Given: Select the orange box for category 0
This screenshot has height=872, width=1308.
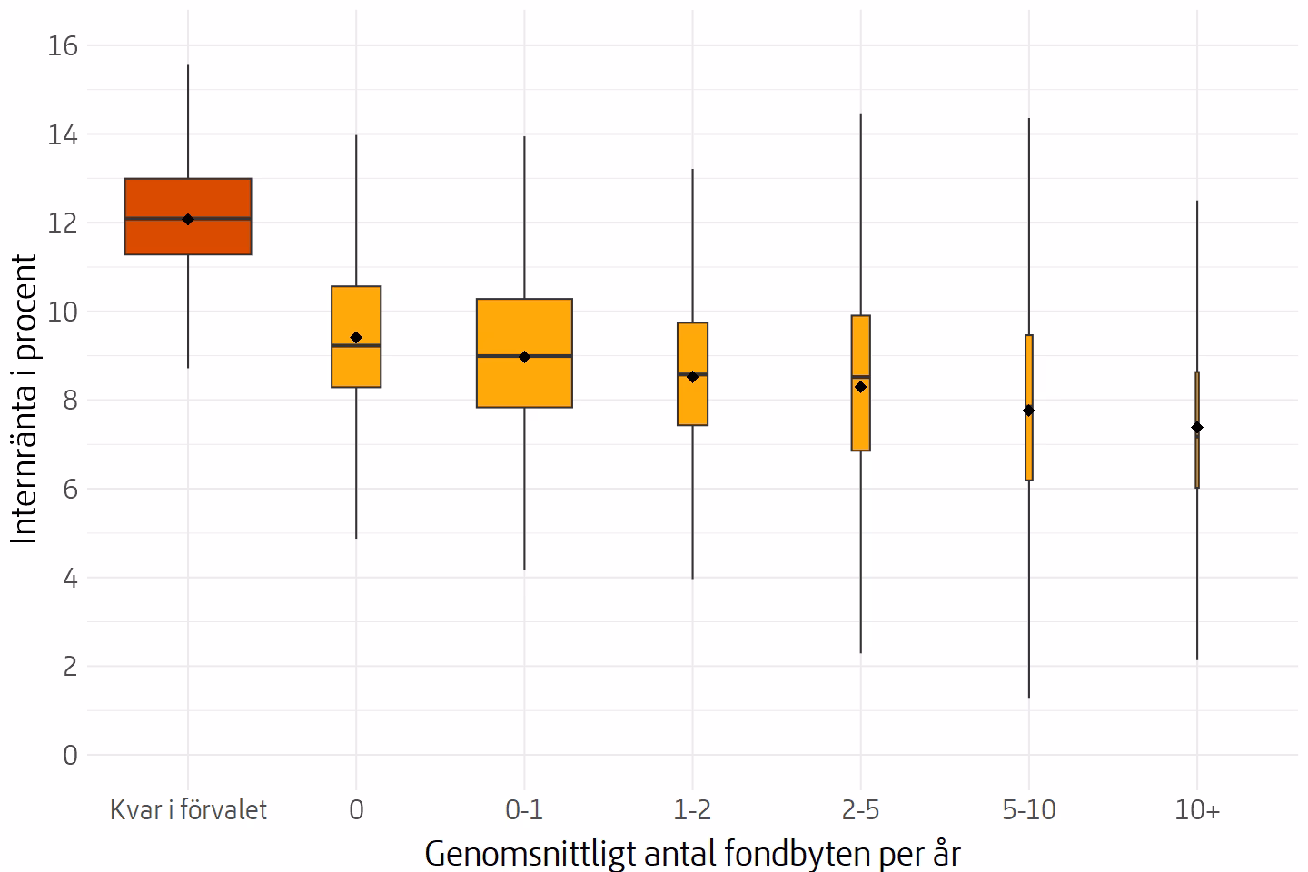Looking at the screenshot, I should pos(356,363).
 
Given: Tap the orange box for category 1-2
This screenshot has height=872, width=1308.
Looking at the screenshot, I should pos(693,400).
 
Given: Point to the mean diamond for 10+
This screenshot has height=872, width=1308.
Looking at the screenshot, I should pos(1196,428).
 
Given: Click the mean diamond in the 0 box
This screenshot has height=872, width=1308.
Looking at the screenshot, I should pos(356,338).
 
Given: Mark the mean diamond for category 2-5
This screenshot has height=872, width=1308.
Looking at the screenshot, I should pos(860,387).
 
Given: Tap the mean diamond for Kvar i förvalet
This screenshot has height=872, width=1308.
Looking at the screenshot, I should pos(187,219).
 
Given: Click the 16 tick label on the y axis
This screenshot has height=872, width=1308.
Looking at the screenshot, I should pos(61,45).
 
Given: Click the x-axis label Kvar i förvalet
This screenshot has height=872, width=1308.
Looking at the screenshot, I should pos(188,809).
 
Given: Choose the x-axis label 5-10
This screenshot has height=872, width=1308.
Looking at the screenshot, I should pos(1029,809).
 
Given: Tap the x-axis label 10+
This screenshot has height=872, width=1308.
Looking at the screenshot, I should pos(1197,809).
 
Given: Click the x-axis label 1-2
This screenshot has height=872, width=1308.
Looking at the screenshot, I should pos(693,809).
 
